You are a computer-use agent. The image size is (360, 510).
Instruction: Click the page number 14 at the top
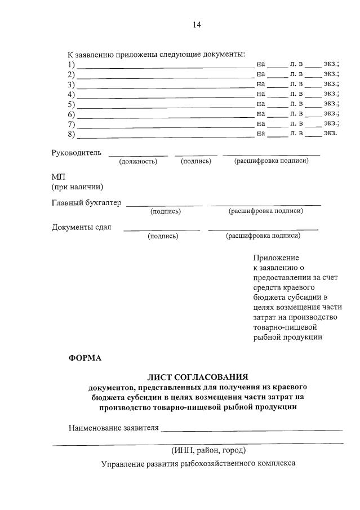click(x=197, y=25)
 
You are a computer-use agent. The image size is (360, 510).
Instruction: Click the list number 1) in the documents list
click(x=71, y=65)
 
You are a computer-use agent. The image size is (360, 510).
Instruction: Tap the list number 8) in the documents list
click(x=71, y=134)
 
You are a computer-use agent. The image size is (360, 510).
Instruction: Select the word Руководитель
click(x=77, y=153)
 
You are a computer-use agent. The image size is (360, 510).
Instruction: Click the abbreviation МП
click(x=59, y=177)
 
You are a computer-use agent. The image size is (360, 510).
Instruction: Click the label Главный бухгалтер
click(x=86, y=203)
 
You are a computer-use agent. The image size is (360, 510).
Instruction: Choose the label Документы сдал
click(x=82, y=228)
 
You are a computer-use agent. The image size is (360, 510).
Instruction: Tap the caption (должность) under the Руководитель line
click(x=138, y=162)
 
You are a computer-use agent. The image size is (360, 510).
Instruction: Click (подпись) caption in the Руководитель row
click(x=195, y=162)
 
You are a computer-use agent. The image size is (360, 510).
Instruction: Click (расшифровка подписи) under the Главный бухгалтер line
click(x=265, y=211)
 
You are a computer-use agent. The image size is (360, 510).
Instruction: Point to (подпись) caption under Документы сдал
click(x=163, y=236)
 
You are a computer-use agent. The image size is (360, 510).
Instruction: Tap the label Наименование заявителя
click(x=113, y=428)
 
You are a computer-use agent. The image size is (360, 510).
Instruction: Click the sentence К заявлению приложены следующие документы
click(x=156, y=55)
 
